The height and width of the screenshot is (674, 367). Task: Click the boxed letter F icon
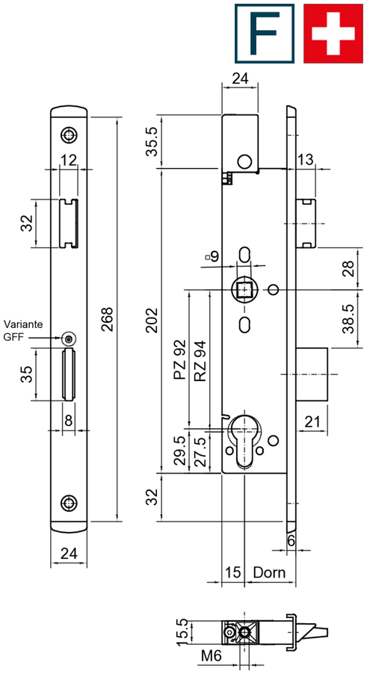265,34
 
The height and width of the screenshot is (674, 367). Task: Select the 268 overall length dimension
107,319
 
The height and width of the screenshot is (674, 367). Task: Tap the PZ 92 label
180,359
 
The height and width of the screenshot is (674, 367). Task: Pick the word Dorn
269,573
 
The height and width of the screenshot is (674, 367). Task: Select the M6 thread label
211,656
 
